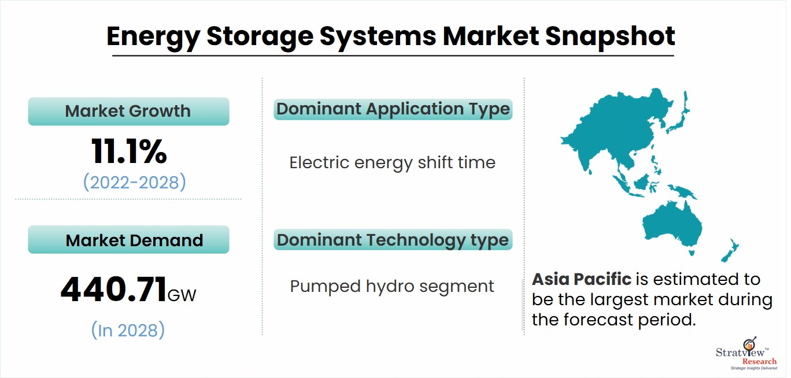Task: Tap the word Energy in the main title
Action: click(x=151, y=36)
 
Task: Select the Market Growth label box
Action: click(x=128, y=111)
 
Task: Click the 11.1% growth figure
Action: click(x=128, y=151)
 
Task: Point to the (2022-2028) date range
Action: click(x=134, y=182)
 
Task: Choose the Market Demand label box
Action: click(x=128, y=240)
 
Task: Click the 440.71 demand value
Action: click(x=113, y=290)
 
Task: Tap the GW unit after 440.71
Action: click(x=182, y=295)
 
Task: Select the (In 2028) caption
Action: click(x=128, y=330)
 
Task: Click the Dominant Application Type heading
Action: click(x=393, y=109)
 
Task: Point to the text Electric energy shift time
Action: click(x=392, y=162)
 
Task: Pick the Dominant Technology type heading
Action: click(x=393, y=239)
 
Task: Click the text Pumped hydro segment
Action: click(x=392, y=286)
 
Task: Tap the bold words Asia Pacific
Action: click(x=581, y=279)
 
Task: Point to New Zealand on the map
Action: click(x=730, y=250)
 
